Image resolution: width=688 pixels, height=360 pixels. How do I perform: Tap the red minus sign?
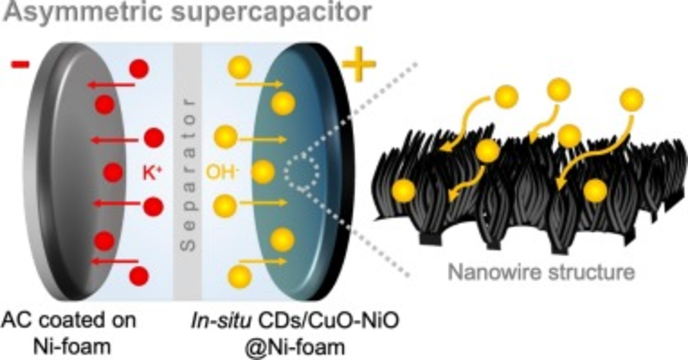pos(20,64)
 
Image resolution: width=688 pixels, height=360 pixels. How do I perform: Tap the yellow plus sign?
pos(359,64)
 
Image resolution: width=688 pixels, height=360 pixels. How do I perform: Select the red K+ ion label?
pos(152,173)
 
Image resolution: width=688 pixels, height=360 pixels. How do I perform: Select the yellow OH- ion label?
pos(222,172)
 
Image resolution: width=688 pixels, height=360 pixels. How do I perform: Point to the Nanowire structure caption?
pos(541,272)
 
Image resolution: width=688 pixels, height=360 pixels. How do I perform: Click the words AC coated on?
pos(69,320)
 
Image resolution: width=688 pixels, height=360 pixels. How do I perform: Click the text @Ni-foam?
pos(294,347)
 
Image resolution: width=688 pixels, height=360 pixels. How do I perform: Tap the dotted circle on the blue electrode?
pos(302,171)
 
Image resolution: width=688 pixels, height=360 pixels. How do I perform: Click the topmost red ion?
pos(139,69)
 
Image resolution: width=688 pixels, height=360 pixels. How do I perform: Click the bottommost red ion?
pos(139,276)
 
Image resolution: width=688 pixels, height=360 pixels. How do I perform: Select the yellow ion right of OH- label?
pos(263,172)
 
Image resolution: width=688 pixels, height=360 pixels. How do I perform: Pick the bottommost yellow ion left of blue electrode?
pos(240,276)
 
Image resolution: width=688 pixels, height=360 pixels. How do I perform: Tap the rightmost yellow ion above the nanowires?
pos(632,99)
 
